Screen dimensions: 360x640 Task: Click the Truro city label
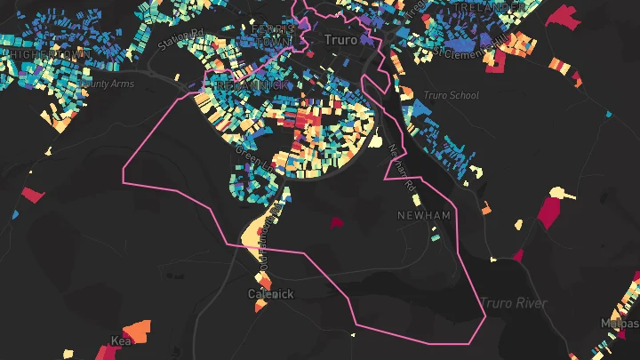pos(340,40)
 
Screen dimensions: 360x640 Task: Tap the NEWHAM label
pos(423,216)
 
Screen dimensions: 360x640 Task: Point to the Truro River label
pos(515,304)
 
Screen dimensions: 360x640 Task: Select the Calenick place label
pos(270,293)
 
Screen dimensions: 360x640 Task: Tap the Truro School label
pos(452,96)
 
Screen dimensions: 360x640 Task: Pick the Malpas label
pos(620,323)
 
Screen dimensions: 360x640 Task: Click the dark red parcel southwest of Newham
pos(337,223)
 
